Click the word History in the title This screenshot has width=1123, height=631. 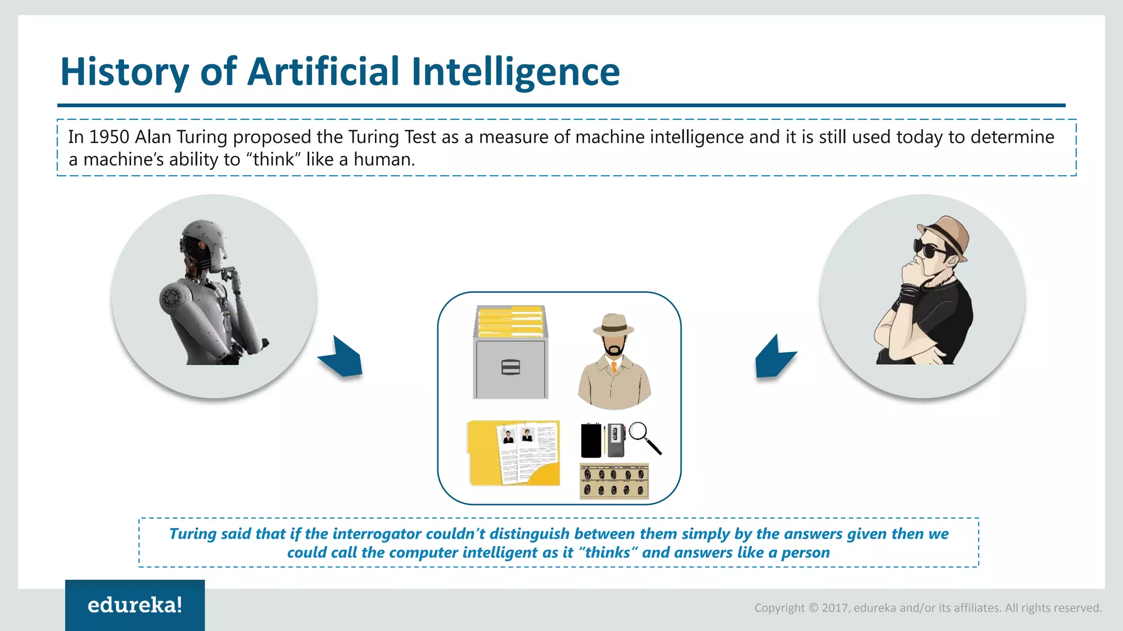click(x=124, y=72)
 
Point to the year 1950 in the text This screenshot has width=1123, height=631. click(x=109, y=137)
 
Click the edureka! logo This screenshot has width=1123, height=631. click(x=135, y=605)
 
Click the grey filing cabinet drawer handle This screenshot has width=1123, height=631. click(x=511, y=367)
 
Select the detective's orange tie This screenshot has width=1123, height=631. click(x=614, y=366)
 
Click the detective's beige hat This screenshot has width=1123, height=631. click(x=614, y=325)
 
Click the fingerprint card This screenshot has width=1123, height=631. click(x=614, y=481)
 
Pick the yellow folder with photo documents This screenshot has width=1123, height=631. click(x=514, y=453)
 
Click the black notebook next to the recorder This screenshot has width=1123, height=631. click(x=591, y=440)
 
